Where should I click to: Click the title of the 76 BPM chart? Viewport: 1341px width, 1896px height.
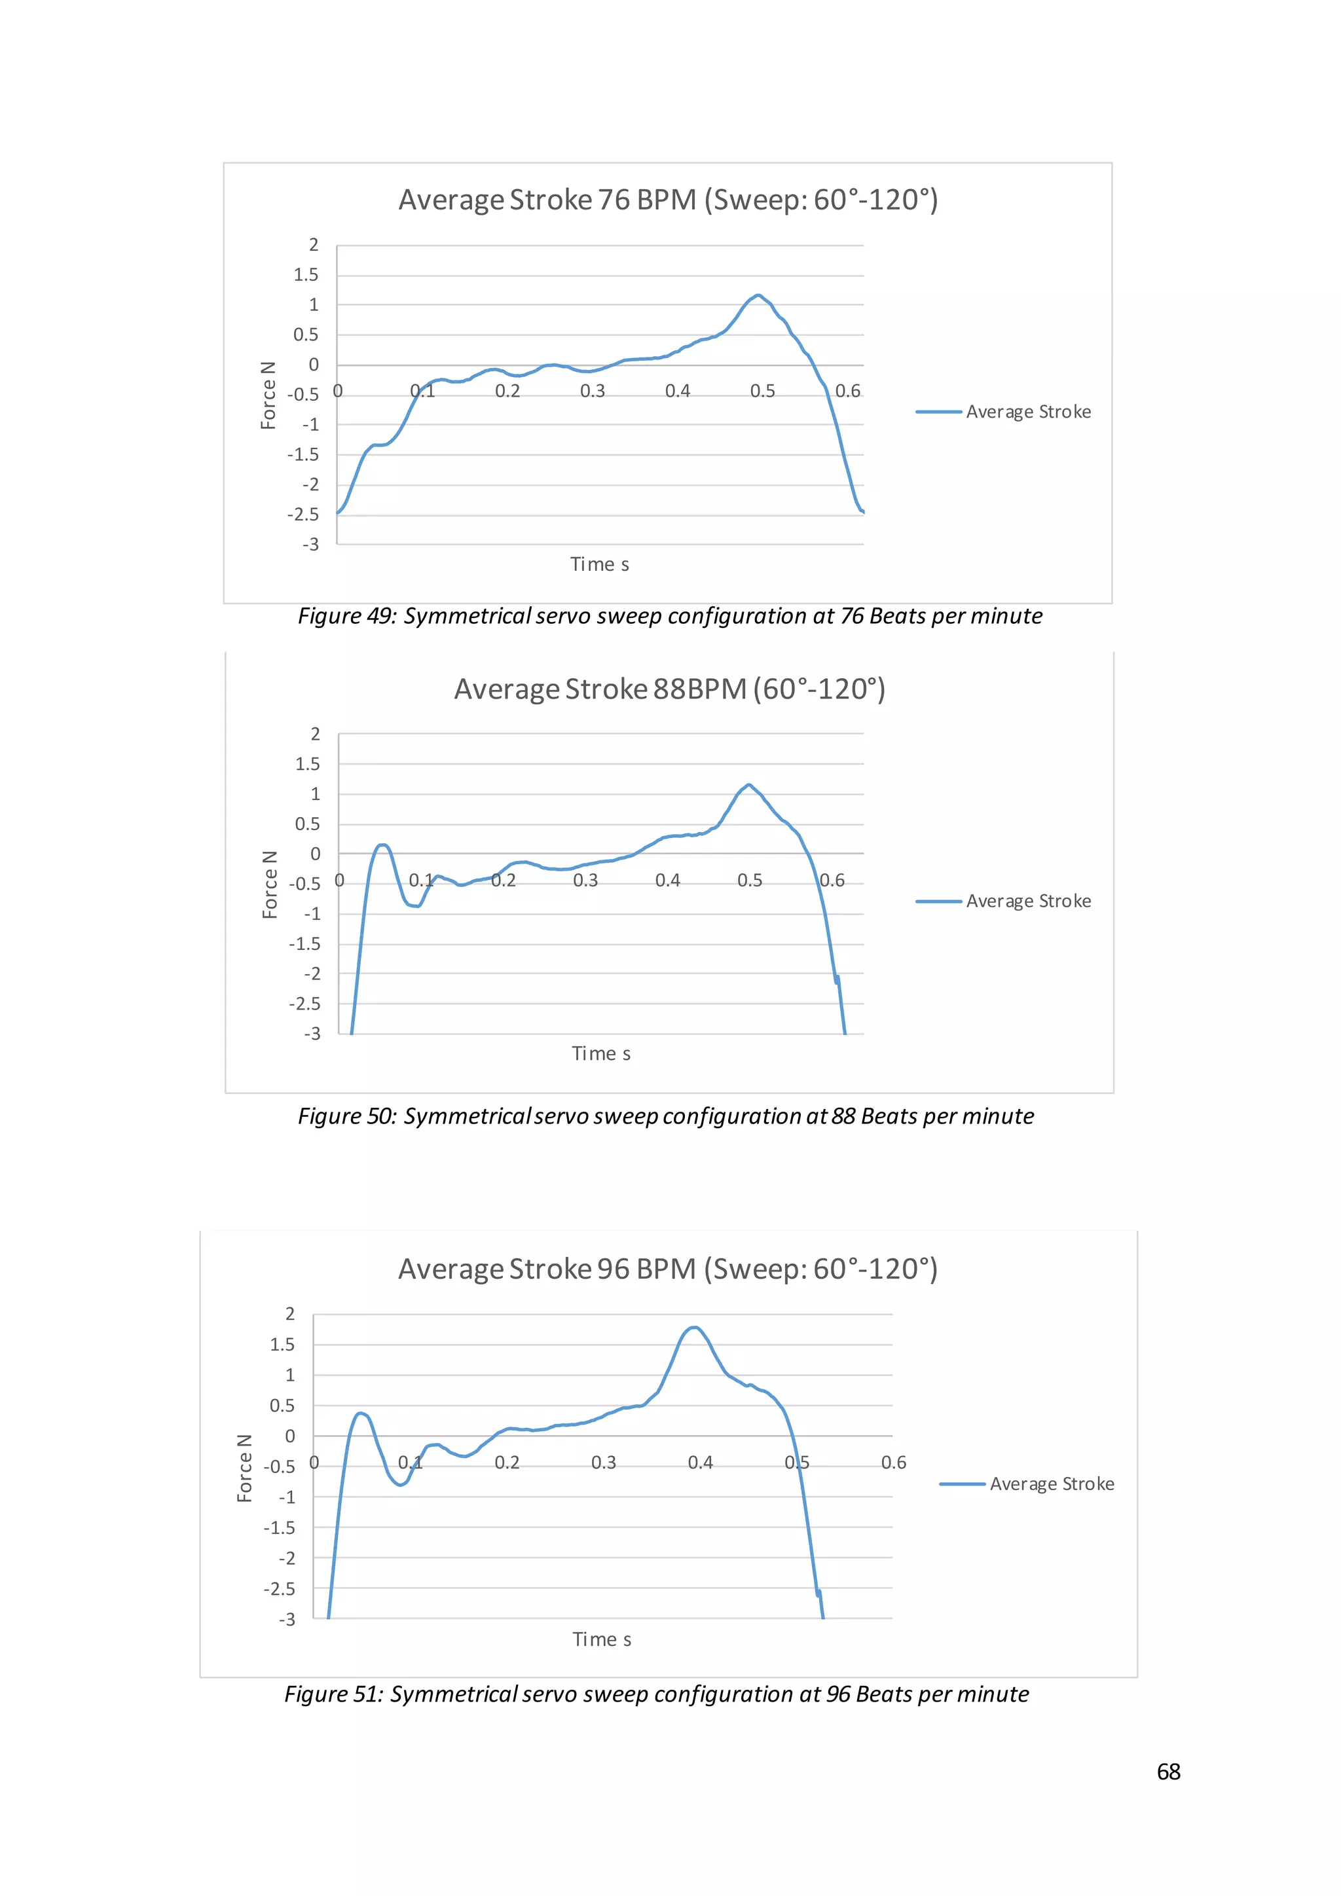(x=668, y=200)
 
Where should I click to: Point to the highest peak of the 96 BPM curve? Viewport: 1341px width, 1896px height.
(x=695, y=1328)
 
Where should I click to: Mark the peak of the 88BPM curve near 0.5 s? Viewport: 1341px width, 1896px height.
(x=748, y=786)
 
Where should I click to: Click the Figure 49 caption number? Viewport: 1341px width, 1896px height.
(x=371, y=616)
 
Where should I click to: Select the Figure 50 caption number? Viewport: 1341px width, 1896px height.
(x=371, y=1116)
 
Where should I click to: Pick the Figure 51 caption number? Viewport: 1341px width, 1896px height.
(x=358, y=1694)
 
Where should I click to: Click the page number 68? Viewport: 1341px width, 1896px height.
(x=1168, y=1772)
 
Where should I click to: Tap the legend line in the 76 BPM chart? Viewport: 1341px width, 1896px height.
(x=939, y=412)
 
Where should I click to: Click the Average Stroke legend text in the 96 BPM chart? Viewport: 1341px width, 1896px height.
(x=1052, y=1484)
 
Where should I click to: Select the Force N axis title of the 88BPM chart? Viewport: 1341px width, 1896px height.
(x=270, y=884)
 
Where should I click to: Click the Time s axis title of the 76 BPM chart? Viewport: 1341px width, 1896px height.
(x=600, y=565)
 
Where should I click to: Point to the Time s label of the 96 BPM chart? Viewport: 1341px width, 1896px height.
(x=602, y=1640)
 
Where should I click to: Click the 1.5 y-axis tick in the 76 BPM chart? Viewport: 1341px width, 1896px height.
(x=306, y=275)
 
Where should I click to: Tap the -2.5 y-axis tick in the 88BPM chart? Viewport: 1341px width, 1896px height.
(x=304, y=1004)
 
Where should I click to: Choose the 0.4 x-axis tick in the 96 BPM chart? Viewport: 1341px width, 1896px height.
(x=700, y=1463)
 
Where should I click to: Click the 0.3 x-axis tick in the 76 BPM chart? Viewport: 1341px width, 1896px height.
(x=592, y=392)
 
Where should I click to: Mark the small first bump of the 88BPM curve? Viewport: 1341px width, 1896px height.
(x=382, y=846)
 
